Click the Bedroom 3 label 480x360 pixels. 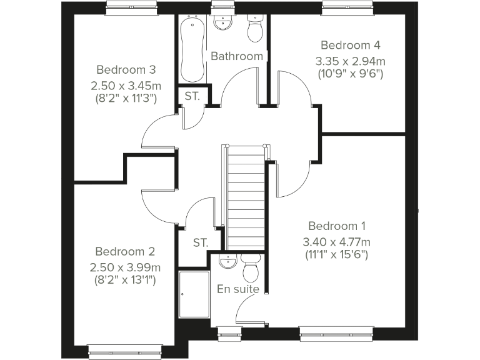click(x=126, y=69)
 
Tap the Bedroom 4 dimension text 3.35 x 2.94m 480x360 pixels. click(x=350, y=61)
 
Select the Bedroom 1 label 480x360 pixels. click(x=337, y=226)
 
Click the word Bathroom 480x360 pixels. click(x=236, y=56)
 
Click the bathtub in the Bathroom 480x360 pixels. click(x=191, y=50)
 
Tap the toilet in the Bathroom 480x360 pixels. click(x=255, y=29)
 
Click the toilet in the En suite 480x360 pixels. click(x=251, y=269)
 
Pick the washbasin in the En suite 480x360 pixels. click(x=228, y=262)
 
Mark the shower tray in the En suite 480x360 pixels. click(x=194, y=294)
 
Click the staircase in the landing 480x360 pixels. click(x=246, y=197)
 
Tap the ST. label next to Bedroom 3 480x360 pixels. click(x=192, y=96)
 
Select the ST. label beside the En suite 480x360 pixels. click(x=200, y=242)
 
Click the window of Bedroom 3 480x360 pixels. click(x=131, y=7)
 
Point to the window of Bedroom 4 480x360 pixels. click(x=347, y=7)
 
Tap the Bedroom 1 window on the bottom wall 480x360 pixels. click(x=337, y=334)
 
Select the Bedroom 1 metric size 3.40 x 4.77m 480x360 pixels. click(x=337, y=242)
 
